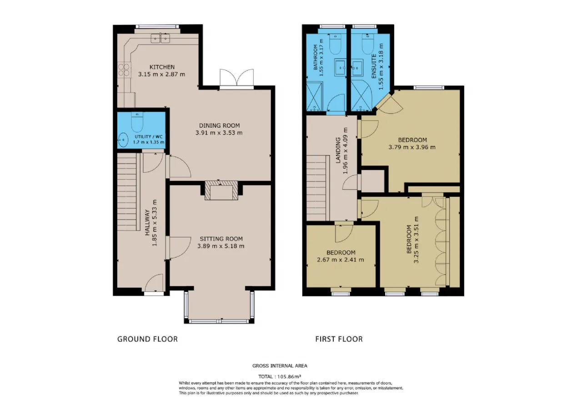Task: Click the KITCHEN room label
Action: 162,67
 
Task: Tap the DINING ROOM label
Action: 219,125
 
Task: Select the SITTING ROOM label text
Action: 221,239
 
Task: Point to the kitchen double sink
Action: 161,39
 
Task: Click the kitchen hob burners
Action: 124,70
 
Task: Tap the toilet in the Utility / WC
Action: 137,122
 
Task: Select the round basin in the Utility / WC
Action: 123,140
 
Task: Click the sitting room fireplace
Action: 221,190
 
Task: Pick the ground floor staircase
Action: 127,192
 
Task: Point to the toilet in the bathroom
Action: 335,44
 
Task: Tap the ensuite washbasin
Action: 357,68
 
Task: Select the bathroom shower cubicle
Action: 315,96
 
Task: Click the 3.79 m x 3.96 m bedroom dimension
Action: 412,147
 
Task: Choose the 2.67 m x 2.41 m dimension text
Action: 341,260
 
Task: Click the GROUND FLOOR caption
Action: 147,339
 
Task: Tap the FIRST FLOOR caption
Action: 339,339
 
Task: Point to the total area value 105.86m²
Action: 289,376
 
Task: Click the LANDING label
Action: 338,150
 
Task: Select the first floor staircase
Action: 316,188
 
